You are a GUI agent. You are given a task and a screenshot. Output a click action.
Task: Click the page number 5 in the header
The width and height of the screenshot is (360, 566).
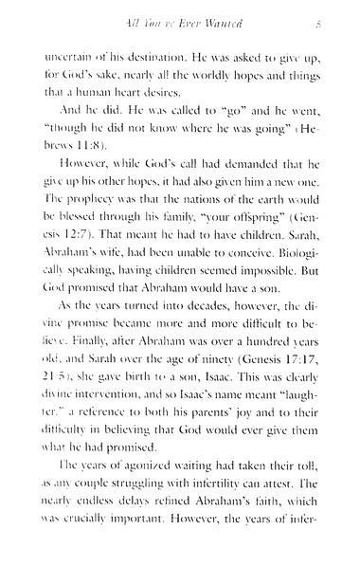320,20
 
